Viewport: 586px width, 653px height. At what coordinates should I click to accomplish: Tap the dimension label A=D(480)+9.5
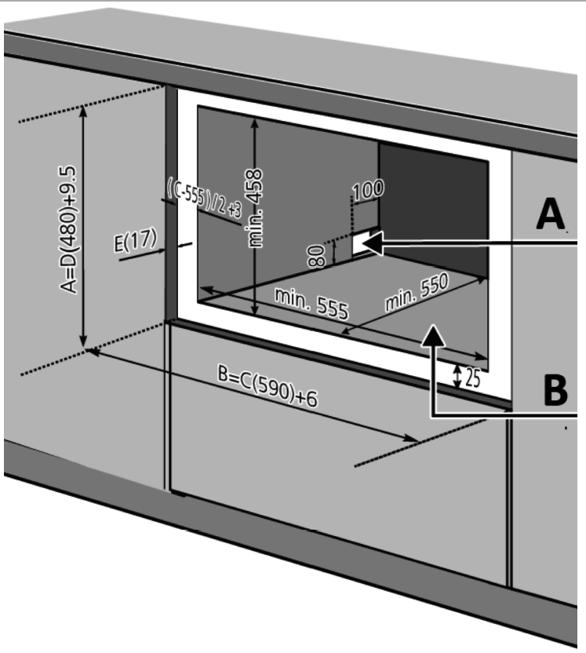pyautogui.click(x=70, y=229)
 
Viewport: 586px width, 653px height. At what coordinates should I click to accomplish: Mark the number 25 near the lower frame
pyautogui.click(x=470, y=378)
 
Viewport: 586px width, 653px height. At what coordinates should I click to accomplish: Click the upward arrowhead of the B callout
pyautogui.click(x=434, y=336)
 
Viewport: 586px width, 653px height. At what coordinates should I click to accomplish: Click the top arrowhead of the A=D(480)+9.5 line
pyautogui.click(x=84, y=111)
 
